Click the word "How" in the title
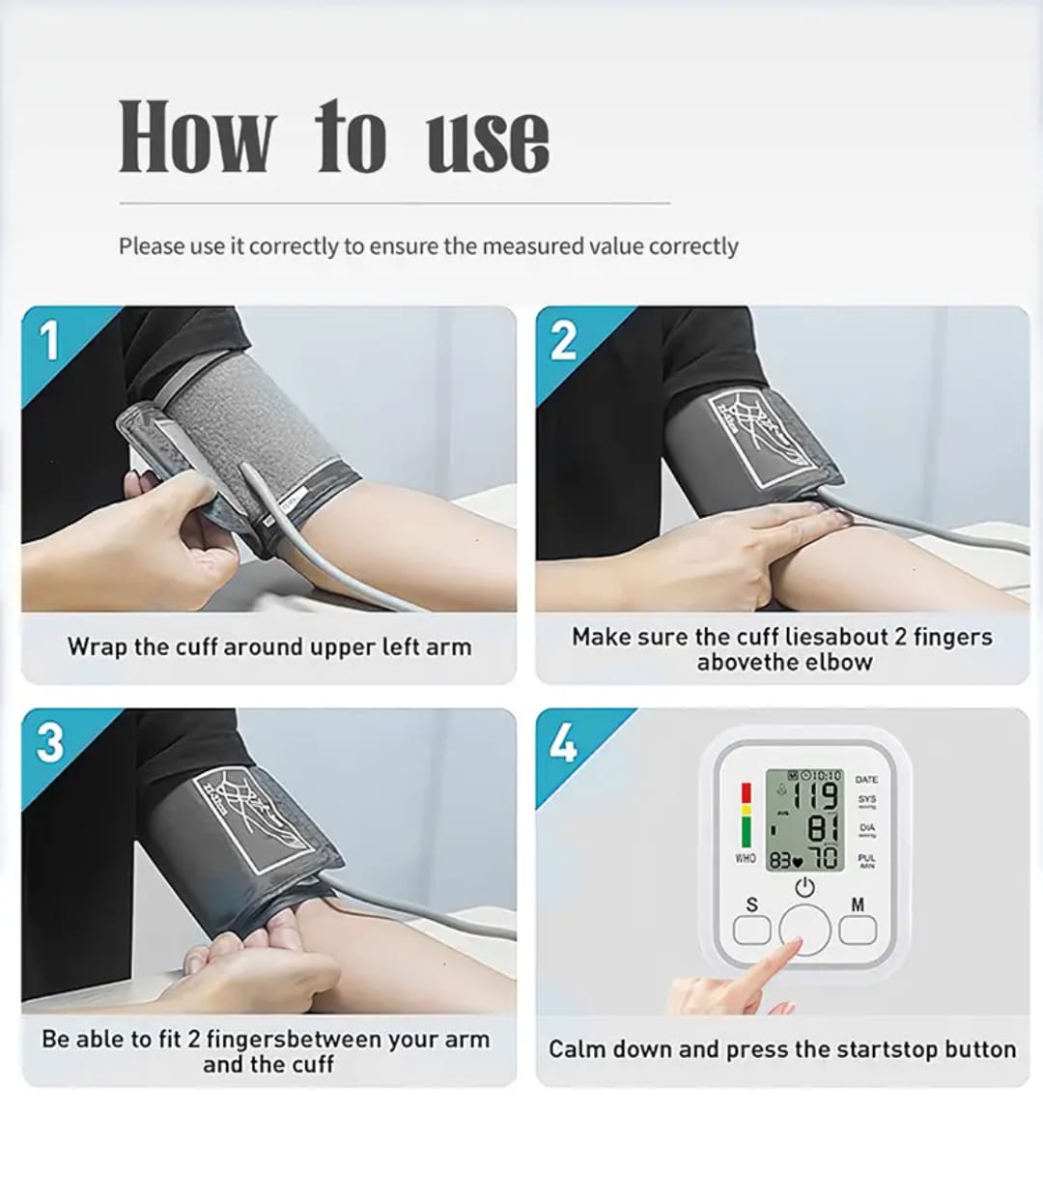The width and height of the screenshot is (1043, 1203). pos(196,137)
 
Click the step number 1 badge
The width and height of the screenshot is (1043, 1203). pos(49,340)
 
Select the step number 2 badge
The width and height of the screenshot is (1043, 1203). pos(563,340)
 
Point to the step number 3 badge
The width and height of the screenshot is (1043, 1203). pos(49,742)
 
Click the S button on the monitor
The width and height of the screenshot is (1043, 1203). pos(752,929)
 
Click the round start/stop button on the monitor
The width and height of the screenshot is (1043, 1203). pos(804,931)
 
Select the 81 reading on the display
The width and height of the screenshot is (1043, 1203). pos(821,829)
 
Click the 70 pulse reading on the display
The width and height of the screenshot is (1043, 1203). pos(824,858)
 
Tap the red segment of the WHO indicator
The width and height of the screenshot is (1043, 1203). pos(746,792)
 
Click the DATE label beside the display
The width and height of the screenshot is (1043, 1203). pos(866,779)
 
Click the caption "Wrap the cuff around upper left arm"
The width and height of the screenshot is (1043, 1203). pos(269,646)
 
